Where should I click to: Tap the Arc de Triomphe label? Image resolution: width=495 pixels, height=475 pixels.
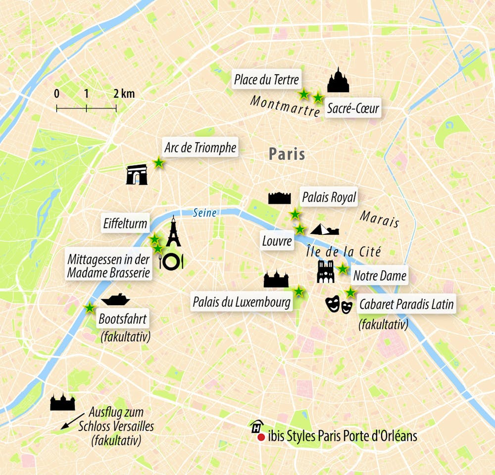199,147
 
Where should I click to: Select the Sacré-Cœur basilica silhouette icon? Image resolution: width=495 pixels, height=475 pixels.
338,81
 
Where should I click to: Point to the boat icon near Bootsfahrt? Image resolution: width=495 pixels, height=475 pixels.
115,300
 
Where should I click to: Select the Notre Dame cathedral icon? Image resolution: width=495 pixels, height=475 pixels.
325,271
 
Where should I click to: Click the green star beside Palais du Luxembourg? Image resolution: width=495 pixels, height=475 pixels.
298,291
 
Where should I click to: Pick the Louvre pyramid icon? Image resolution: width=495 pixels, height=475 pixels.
325,229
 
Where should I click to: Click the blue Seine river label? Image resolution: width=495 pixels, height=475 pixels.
204,213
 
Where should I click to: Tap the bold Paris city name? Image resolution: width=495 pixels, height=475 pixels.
287,154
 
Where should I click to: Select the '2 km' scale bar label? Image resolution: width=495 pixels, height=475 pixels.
124,94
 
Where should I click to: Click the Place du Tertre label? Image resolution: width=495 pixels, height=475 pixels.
266,79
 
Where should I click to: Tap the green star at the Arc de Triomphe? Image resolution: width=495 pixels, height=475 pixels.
158,162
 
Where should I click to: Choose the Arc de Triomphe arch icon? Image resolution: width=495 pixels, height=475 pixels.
137,175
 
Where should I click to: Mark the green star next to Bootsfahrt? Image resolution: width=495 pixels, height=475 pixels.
90,308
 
